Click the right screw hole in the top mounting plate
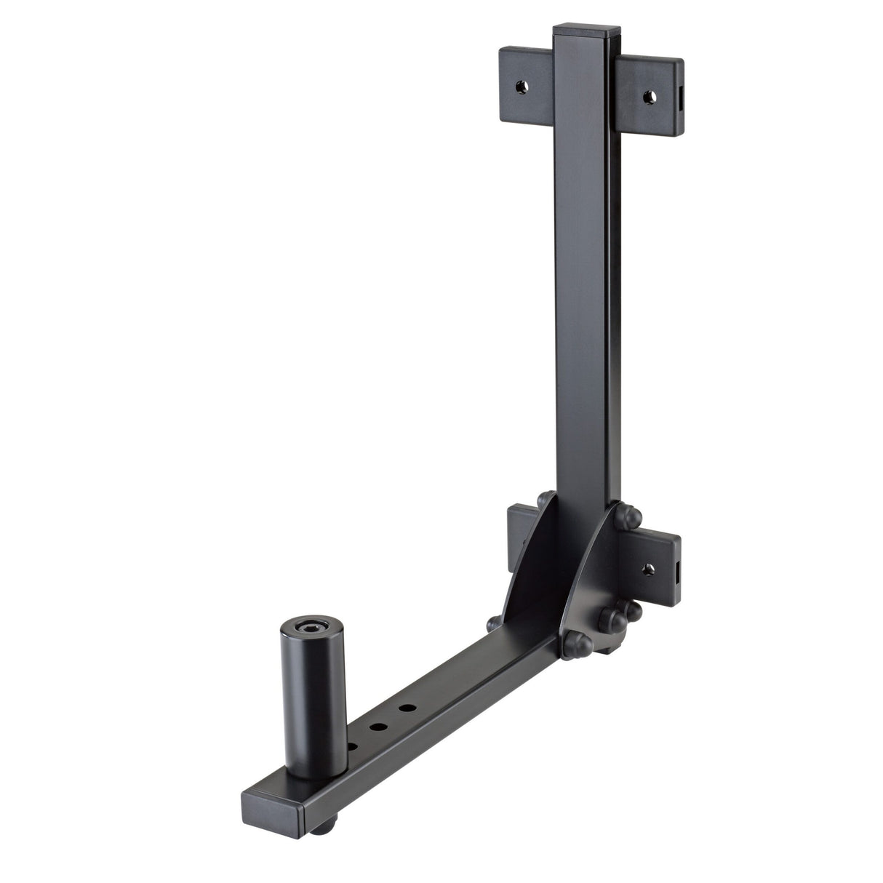point(647,95)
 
